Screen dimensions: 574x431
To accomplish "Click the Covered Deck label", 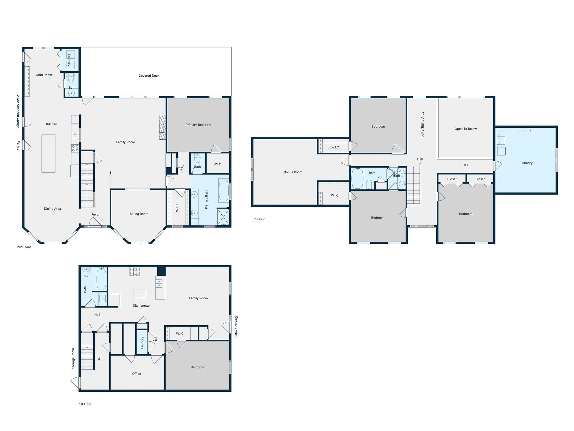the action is [x=149, y=75].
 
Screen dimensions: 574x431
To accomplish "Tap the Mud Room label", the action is [x=44, y=75].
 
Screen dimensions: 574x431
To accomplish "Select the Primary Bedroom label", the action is [x=198, y=125].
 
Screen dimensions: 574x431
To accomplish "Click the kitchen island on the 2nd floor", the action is [x=48, y=153].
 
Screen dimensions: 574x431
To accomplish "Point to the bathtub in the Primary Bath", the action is [x=224, y=191].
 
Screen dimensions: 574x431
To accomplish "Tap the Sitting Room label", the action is [x=139, y=214].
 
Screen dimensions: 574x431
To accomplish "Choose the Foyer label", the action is [x=95, y=215].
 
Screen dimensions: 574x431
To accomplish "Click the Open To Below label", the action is [x=466, y=129].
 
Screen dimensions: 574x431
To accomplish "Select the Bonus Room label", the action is [x=293, y=172].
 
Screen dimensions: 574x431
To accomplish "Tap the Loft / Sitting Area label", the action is [x=423, y=125].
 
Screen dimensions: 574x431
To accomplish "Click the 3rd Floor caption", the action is [x=258, y=219].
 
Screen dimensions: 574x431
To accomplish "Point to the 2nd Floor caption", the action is [x=24, y=247].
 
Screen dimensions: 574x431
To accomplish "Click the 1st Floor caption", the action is [x=85, y=404].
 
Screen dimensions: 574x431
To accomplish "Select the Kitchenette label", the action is [x=141, y=306].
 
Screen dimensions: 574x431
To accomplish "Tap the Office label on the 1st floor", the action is [x=136, y=374].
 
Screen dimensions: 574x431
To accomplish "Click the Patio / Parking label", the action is [x=236, y=327].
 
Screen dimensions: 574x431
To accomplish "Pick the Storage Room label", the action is [x=73, y=358].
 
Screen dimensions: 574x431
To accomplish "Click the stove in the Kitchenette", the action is [x=135, y=272].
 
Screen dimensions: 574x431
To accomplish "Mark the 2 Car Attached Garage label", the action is [x=18, y=112].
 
